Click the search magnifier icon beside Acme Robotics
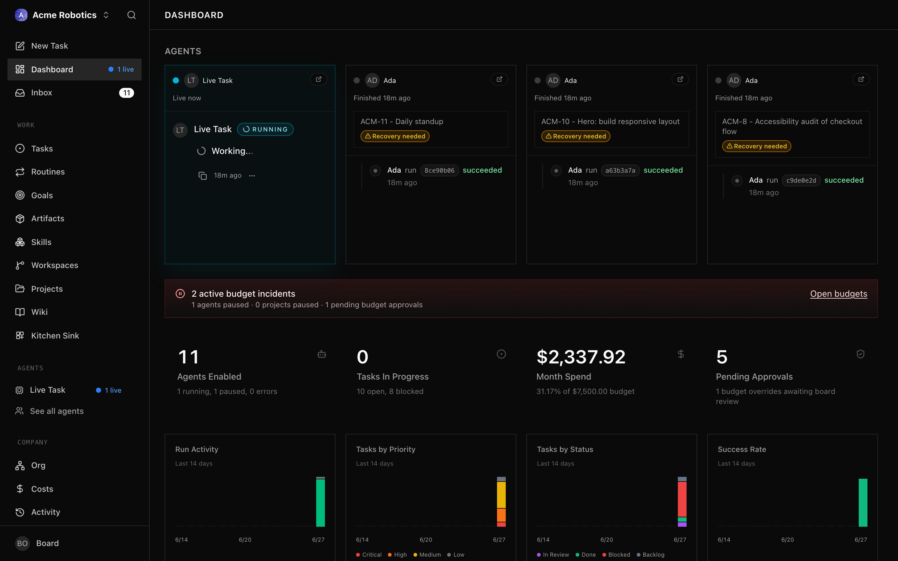coord(131,15)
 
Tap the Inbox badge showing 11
coord(127,93)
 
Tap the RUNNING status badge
coord(265,129)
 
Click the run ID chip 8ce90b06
coord(439,170)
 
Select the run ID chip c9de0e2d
coord(801,180)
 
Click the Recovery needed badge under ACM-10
coord(576,136)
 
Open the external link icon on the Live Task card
coord(318,79)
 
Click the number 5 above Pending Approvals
coord(722,357)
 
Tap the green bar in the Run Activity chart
coord(320,503)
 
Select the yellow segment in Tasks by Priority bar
coord(501,495)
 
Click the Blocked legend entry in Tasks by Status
coord(616,555)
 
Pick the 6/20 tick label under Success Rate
coord(787,539)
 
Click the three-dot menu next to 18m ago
coord(252,175)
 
